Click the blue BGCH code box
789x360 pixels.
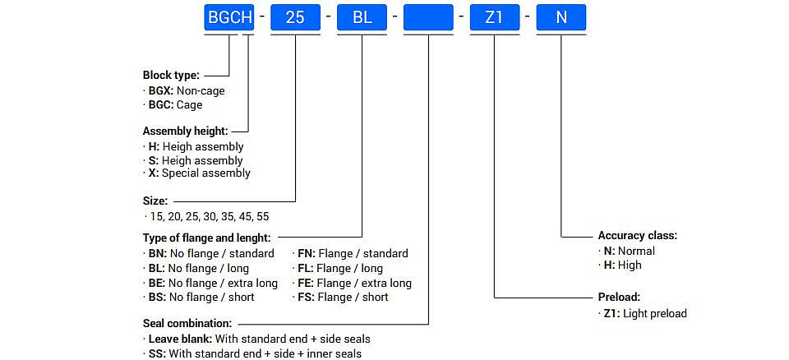tap(229, 17)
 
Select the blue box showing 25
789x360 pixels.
tap(295, 17)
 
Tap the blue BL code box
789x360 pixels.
tap(362, 17)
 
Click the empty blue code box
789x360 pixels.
tap(428, 17)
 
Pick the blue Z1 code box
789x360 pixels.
tap(495, 17)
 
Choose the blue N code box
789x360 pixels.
tap(561, 17)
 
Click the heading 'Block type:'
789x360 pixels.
tap(171, 76)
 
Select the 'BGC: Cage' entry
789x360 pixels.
tap(175, 104)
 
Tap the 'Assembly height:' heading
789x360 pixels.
tap(185, 132)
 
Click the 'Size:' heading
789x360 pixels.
tap(155, 201)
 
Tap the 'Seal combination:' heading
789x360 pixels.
tap(187, 323)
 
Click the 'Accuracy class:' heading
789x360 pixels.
tap(638, 236)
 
